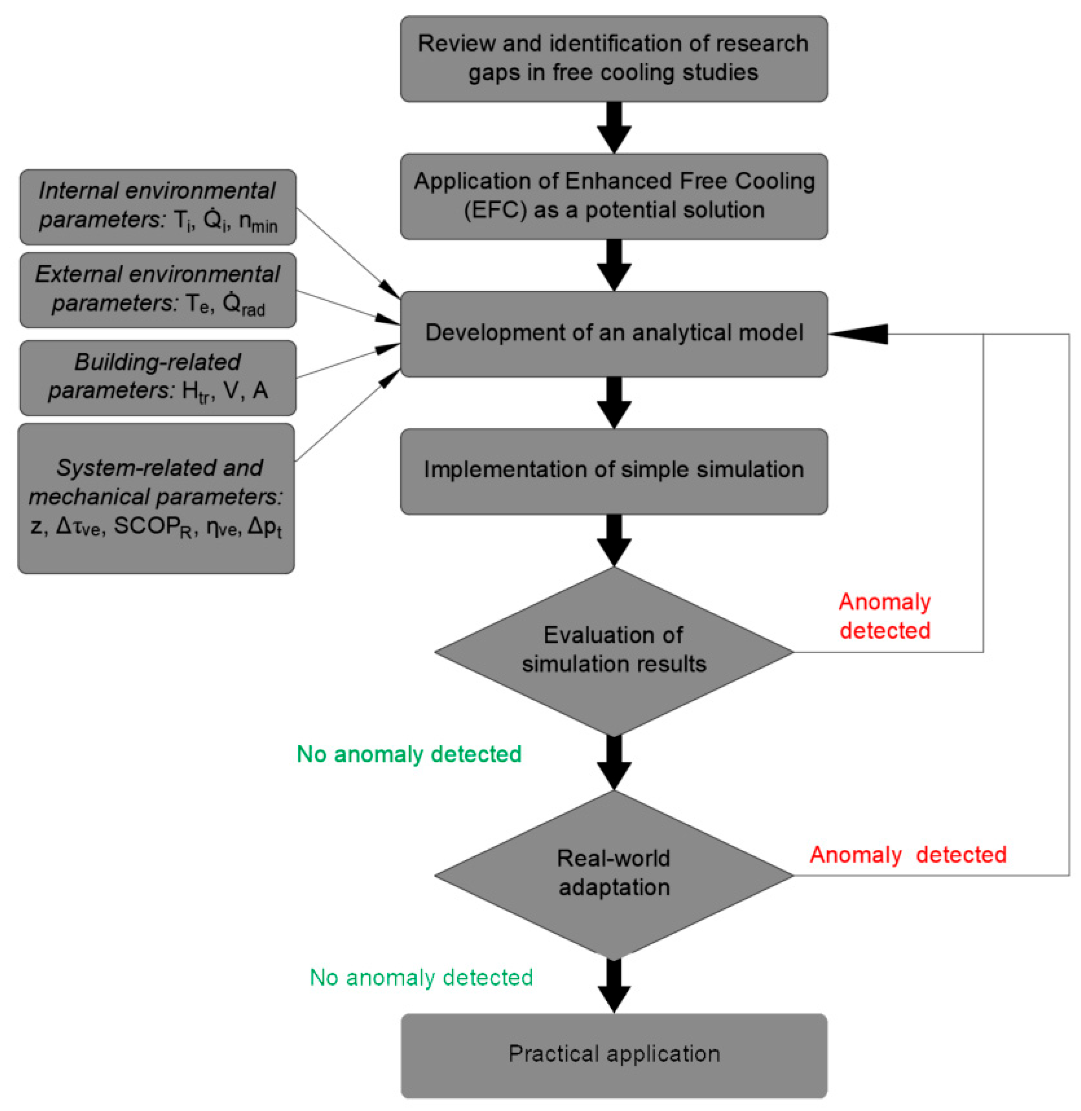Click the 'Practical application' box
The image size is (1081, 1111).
point(614,1055)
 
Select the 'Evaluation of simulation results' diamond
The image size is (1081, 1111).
point(614,651)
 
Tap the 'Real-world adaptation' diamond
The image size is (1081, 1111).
point(614,875)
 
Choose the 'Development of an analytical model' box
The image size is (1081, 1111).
point(614,333)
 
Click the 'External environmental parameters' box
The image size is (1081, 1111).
point(157,290)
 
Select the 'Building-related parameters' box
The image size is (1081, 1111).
point(157,378)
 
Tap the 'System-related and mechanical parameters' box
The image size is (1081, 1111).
point(156,498)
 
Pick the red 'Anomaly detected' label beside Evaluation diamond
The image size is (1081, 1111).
point(884,616)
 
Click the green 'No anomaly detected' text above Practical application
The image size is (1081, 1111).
point(421,977)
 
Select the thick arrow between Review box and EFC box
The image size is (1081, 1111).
point(614,127)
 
